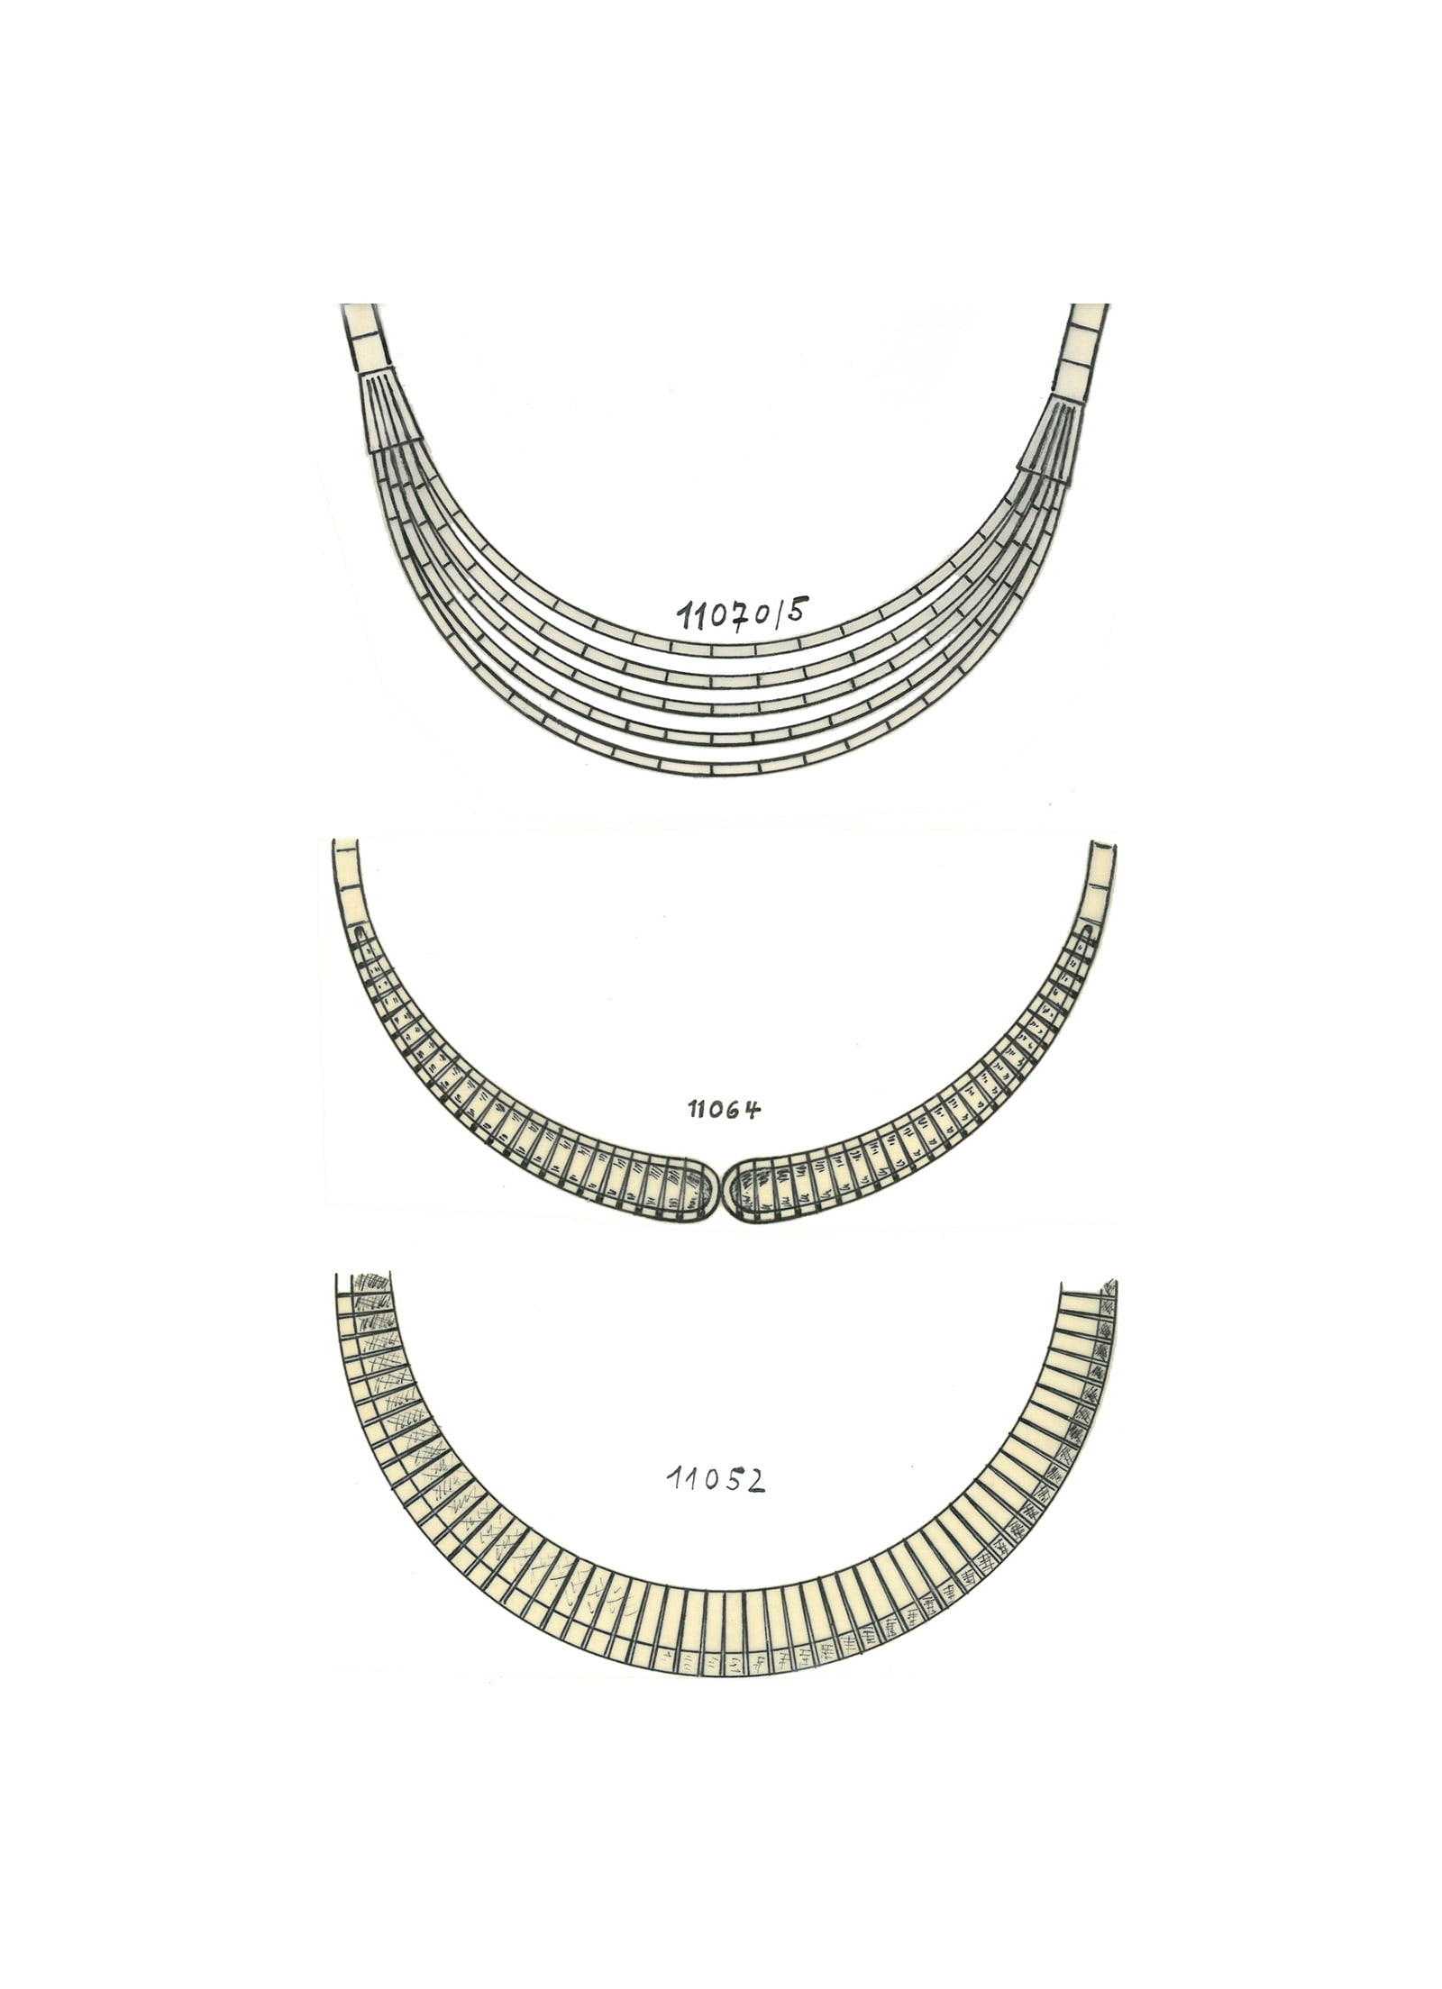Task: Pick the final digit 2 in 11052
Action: coord(754,1478)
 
